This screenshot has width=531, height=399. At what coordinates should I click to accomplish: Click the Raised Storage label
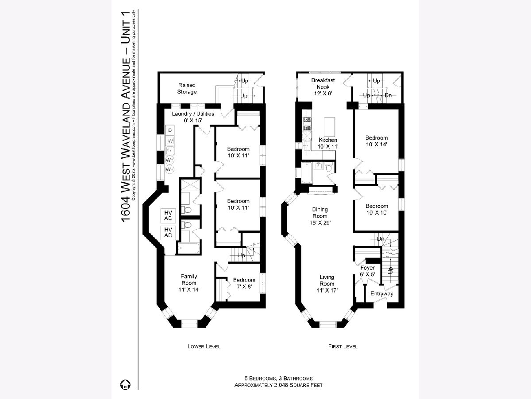coord(187,88)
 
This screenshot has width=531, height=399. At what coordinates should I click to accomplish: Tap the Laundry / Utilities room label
coord(193,117)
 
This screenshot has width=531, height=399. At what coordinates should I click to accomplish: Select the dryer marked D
coord(170,130)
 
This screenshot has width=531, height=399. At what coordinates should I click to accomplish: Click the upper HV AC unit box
coord(168,215)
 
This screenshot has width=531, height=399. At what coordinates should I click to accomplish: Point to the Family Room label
coord(189,283)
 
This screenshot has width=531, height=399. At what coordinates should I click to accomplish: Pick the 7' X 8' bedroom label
coord(244,283)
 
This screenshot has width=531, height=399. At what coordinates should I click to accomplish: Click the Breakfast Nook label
coord(323,84)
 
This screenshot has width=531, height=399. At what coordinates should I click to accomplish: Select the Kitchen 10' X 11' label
coord(328,143)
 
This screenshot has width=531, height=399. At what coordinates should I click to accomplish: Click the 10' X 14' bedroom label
coord(377,141)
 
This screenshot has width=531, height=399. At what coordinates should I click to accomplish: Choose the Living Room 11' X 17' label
coord(327,284)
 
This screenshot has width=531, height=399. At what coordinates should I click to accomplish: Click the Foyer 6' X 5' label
coord(367,271)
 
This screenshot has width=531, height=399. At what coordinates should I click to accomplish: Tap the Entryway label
coord(381,293)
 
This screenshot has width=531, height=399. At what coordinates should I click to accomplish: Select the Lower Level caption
coord(204,346)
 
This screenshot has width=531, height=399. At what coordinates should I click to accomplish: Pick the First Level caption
coord(342,346)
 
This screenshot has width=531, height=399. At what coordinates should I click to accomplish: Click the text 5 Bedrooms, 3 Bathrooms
coord(279,378)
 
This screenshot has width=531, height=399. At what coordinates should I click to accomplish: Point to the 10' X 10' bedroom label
coord(377,209)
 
